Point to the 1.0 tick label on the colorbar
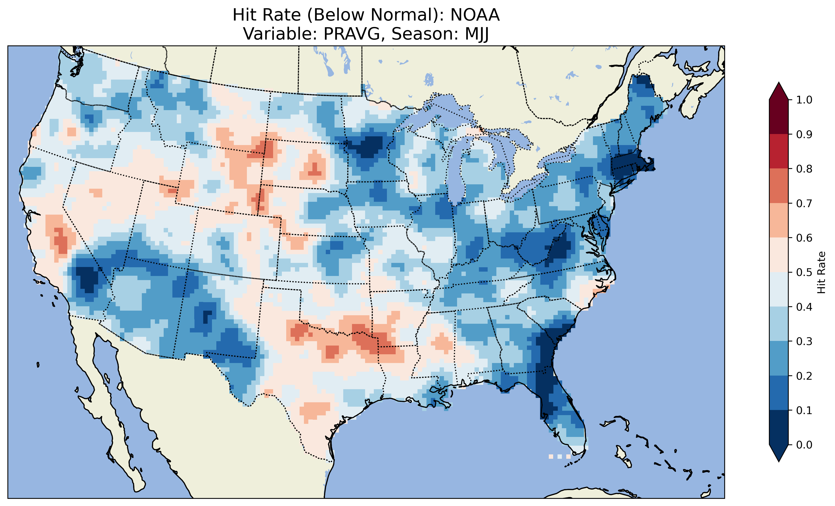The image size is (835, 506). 804,100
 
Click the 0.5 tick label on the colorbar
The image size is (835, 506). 804,272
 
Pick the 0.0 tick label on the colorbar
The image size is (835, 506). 804,445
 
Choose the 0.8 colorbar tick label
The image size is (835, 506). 804,169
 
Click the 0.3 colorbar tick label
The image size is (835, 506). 804,341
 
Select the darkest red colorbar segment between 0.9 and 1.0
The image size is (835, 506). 779,117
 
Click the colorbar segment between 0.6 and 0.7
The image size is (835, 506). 779,220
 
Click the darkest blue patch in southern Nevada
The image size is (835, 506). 86,278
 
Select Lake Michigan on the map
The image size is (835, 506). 456,169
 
